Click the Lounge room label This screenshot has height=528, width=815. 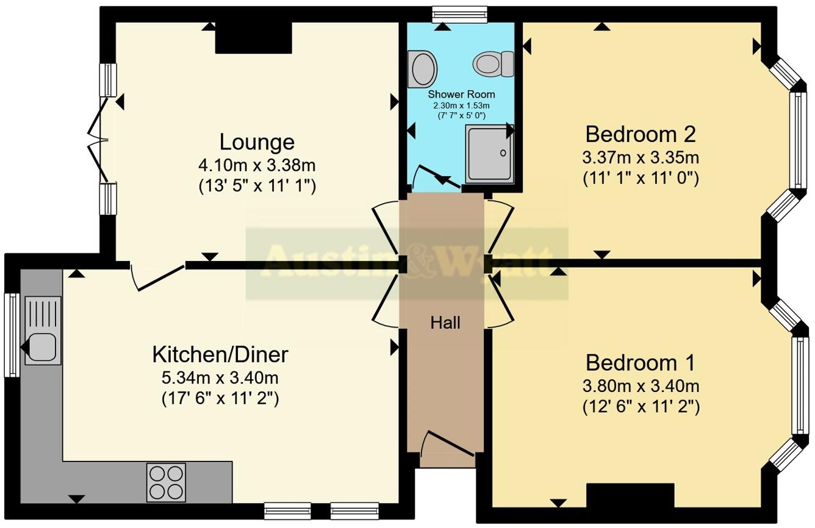click(x=257, y=142)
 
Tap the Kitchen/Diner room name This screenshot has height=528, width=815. click(x=220, y=354)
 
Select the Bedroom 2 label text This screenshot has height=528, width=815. click(x=641, y=134)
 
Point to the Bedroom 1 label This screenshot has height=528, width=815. click(x=640, y=363)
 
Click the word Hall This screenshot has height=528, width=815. click(x=445, y=323)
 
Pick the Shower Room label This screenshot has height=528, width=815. click(x=461, y=95)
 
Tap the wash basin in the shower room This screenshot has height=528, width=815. click(x=423, y=68)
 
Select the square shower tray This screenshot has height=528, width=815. click(x=489, y=154)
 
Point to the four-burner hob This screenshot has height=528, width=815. click(x=166, y=482)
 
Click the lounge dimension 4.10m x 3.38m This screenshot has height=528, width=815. click(x=257, y=165)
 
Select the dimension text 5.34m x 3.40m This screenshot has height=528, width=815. click(x=220, y=377)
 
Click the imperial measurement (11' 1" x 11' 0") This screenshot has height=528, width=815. click(x=641, y=179)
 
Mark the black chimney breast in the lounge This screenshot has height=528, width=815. click(x=253, y=38)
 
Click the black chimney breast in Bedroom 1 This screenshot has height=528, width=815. click(x=630, y=495)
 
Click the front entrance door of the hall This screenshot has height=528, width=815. click(x=448, y=444)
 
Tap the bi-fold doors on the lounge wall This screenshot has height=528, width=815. click(x=98, y=140)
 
